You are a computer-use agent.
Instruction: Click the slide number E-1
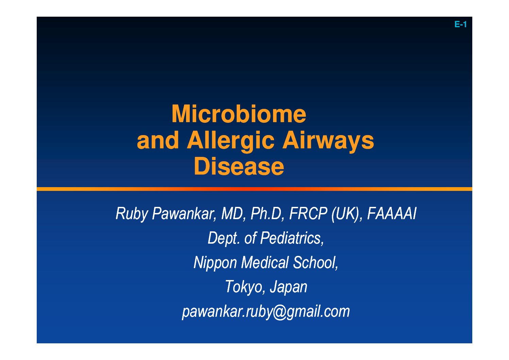(x=460, y=24)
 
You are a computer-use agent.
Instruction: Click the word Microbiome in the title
(x=239, y=114)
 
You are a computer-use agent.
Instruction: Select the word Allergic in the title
(x=231, y=142)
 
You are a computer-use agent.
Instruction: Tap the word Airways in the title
(x=328, y=142)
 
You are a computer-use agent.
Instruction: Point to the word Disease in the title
(x=239, y=166)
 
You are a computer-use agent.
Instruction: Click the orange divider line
(x=254, y=189)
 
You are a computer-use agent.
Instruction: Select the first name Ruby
(x=131, y=214)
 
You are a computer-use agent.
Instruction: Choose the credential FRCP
(x=308, y=214)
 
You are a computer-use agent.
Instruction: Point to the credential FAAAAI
(x=391, y=214)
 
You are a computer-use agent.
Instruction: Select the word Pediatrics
(x=292, y=238)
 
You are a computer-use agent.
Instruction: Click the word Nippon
(x=215, y=263)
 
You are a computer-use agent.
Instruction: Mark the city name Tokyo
(x=245, y=287)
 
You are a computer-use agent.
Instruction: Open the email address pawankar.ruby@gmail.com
(x=266, y=312)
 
